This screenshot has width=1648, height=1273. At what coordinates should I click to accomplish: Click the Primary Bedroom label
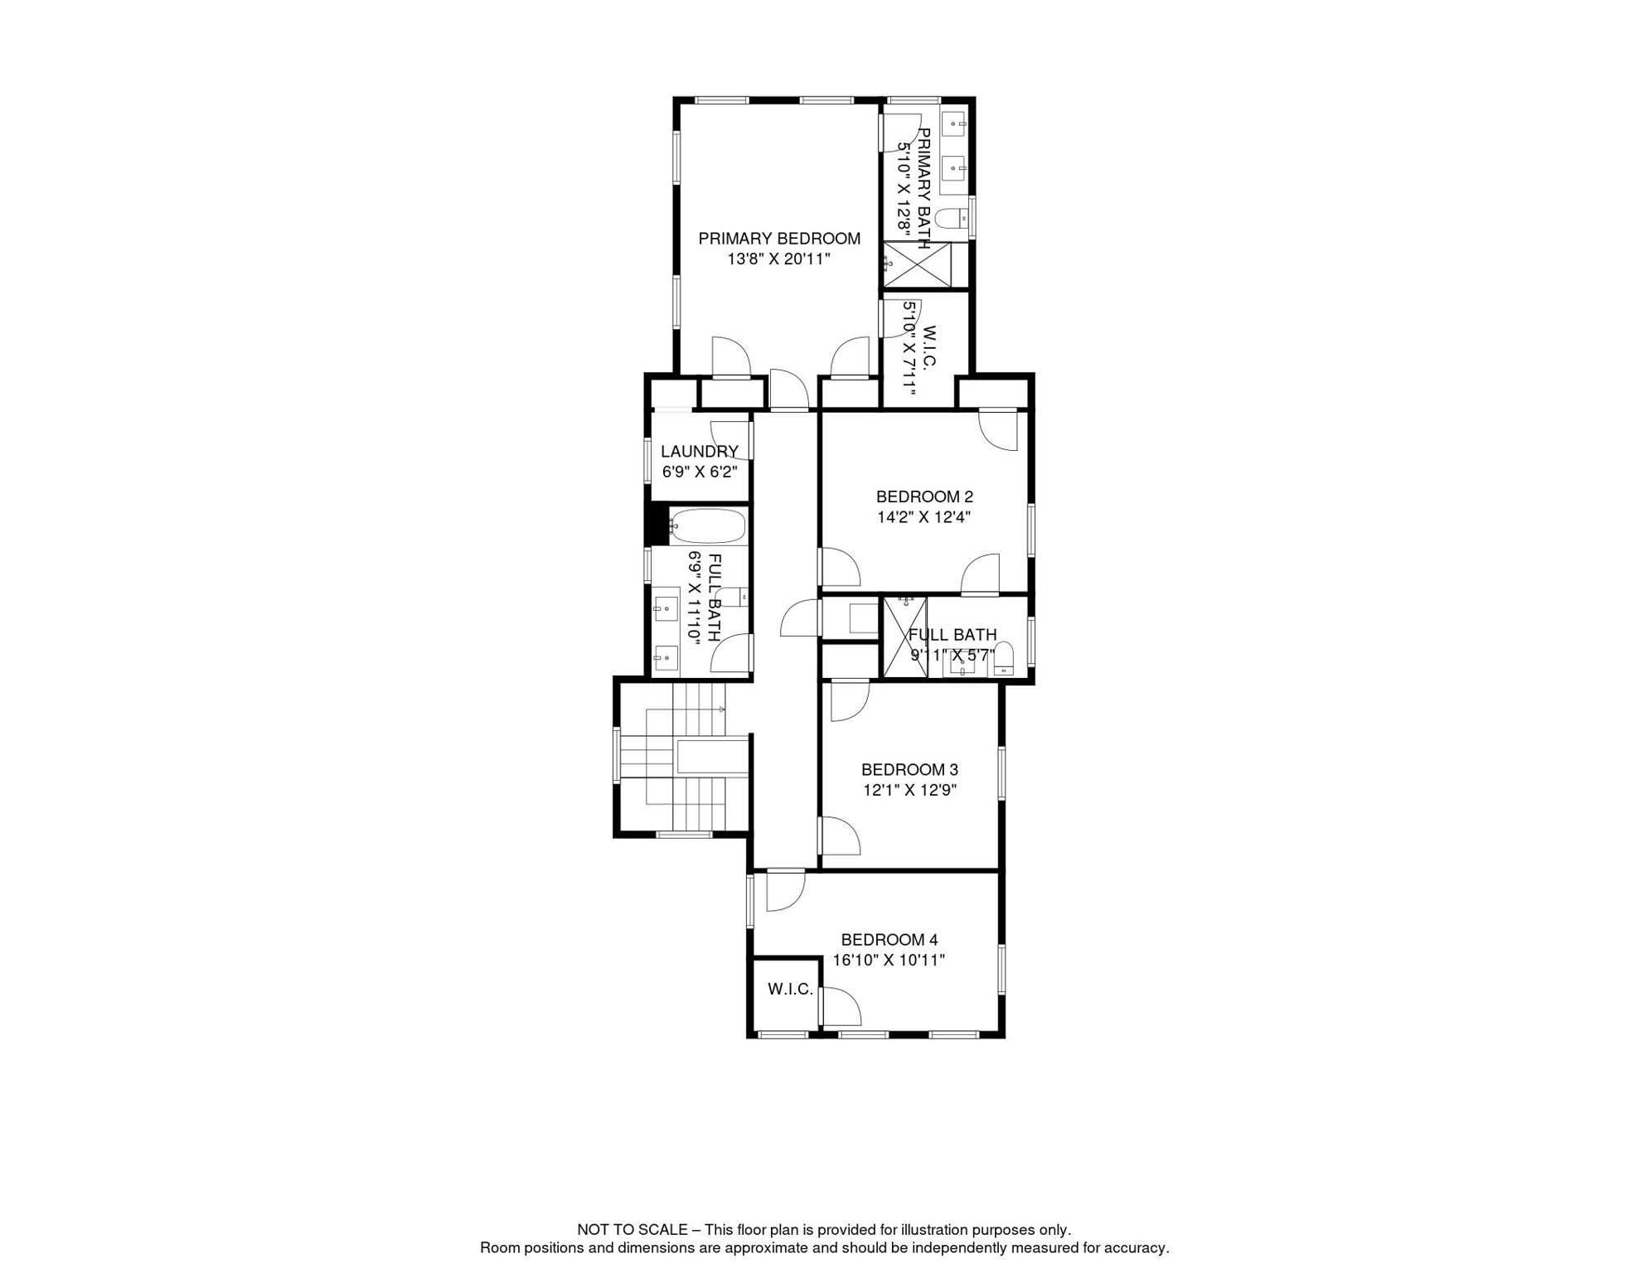(x=779, y=239)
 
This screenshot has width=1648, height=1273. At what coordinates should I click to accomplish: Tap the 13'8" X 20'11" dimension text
(x=778, y=259)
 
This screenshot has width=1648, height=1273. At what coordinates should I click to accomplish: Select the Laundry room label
(x=700, y=452)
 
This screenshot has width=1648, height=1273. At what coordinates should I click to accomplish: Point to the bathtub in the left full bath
(x=707, y=525)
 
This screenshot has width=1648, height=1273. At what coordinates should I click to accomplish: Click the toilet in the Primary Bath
(x=952, y=218)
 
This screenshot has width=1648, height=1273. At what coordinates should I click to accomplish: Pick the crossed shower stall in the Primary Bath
(x=917, y=264)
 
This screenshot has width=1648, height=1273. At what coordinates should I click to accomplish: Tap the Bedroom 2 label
(x=924, y=497)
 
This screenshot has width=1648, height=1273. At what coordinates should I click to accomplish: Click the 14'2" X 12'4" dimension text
(x=923, y=517)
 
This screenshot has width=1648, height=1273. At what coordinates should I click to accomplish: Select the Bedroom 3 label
(x=909, y=770)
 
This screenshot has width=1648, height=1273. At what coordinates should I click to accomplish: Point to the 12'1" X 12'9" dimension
(x=909, y=790)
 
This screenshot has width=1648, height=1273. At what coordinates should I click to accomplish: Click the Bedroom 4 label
(x=889, y=940)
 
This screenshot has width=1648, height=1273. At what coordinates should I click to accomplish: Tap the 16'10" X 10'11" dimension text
(x=889, y=961)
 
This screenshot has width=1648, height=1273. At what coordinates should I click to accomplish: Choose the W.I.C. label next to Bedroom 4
(x=790, y=989)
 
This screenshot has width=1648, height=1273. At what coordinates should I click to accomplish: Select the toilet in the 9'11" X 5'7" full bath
(x=1003, y=658)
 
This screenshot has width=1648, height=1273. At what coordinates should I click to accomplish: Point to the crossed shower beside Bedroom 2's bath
(x=905, y=637)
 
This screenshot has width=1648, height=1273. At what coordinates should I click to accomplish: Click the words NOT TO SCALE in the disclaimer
(x=633, y=1230)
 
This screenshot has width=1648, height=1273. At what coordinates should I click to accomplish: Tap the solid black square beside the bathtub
(x=657, y=525)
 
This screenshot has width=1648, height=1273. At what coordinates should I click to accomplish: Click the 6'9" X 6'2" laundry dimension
(x=700, y=472)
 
